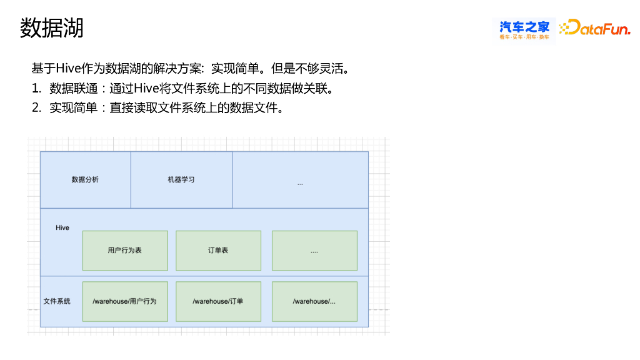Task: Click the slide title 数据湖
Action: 51,28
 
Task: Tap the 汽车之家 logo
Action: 524,30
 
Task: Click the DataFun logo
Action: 594,28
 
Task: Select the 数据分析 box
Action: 85,180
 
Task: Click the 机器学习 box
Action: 181,180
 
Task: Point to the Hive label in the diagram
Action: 62,228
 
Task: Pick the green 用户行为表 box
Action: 125,251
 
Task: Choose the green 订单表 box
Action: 218,251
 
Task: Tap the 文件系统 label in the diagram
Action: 57,301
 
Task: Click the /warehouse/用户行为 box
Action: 125,301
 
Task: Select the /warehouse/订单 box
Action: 218,301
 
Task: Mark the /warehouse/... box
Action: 314,301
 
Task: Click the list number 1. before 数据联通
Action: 36,88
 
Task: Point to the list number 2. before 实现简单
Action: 36,107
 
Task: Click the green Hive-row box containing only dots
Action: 314,251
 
